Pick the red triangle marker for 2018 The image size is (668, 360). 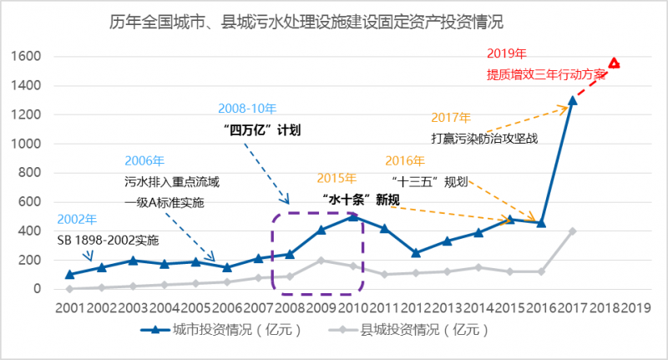pyautogui.click(x=615, y=63)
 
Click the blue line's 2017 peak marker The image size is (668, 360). pyautogui.click(x=573, y=101)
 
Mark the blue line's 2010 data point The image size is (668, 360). pyautogui.click(x=352, y=216)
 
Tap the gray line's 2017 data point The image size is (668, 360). pyautogui.click(x=573, y=231)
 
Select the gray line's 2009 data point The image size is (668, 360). pyautogui.click(x=321, y=260)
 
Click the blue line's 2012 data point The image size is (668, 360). pyautogui.click(x=416, y=252)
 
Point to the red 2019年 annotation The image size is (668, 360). pyautogui.click(x=506, y=55)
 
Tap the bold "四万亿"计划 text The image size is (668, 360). pyautogui.click(x=262, y=129)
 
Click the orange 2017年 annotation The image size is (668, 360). pyautogui.click(x=451, y=118)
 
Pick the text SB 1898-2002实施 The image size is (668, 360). pyautogui.click(x=108, y=240)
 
